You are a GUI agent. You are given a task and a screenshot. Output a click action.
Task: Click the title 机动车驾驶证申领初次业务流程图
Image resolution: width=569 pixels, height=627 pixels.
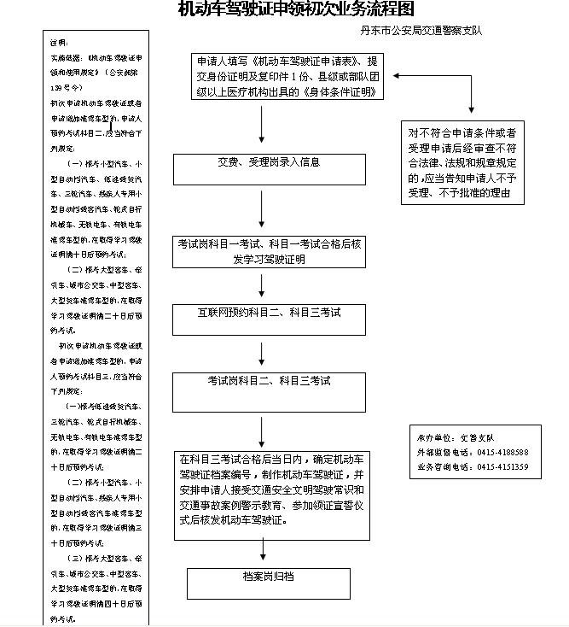295,9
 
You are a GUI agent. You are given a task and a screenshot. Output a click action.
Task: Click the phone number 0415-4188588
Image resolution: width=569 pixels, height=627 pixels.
502,452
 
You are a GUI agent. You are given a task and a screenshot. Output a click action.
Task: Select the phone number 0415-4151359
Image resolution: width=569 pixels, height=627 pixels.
502,467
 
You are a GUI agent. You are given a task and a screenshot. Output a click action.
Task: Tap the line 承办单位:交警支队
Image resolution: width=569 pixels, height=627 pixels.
456,437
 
